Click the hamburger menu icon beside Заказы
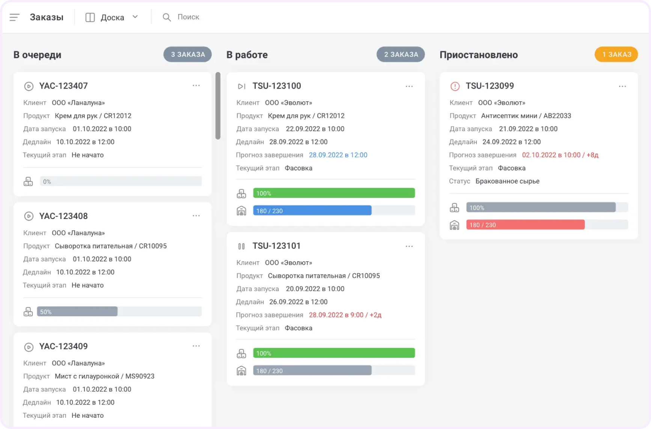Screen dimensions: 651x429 (14, 17)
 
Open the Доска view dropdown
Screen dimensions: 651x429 (112, 17)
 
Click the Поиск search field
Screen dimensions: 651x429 (188, 17)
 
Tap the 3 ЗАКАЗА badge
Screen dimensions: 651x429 (188, 54)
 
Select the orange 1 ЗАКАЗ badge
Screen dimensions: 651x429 (616, 54)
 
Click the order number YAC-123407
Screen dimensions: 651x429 (63, 86)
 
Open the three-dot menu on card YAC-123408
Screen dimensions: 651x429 (196, 216)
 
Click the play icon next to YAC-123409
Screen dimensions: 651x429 (29, 347)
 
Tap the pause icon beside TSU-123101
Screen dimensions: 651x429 (241, 246)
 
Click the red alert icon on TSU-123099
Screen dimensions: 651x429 (455, 86)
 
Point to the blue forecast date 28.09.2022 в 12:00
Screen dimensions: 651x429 (338, 155)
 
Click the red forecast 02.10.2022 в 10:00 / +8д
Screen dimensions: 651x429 (560, 155)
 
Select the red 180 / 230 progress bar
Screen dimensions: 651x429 (525, 225)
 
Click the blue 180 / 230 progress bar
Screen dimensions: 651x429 (312, 210)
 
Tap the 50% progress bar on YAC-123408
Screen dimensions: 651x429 (77, 311)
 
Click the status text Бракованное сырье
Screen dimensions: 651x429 (507, 181)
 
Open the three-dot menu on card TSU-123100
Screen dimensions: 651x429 (409, 86)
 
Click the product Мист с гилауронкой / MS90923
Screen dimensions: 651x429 (104, 376)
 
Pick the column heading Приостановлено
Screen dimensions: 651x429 (479, 55)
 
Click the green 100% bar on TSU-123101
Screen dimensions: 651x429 (334, 353)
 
